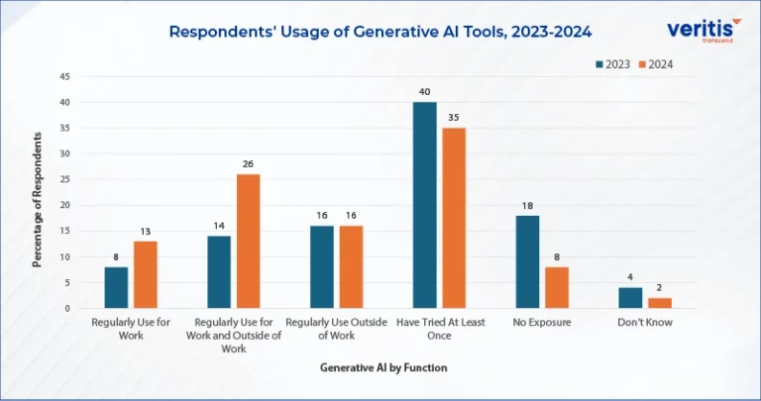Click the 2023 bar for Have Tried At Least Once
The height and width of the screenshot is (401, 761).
pyautogui.click(x=425, y=205)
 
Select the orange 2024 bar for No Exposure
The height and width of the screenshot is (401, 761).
pyautogui.click(x=557, y=287)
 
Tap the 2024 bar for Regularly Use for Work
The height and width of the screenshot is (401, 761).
pyautogui.click(x=146, y=274)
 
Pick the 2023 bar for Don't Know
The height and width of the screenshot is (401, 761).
pyautogui.click(x=630, y=298)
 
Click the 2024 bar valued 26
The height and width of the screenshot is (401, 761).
pyautogui.click(x=249, y=241)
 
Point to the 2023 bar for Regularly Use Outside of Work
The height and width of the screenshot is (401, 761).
pyautogui.click(x=322, y=267)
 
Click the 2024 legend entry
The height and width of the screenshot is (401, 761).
pyautogui.click(x=656, y=64)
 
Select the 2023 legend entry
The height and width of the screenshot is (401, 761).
pyautogui.click(x=613, y=64)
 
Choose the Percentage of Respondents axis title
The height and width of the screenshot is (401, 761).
pyautogui.click(x=38, y=199)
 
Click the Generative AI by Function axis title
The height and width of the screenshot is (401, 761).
pyautogui.click(x=383, y=367)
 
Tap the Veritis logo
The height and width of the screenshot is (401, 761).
pyautogui.click(x=705, y=30)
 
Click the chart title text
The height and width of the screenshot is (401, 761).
pyautogui.click(x=380, y=32)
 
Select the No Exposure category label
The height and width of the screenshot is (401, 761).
pyautogui.click(x=542, y=322)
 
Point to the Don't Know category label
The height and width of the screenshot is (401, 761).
pyautogui.click(x=645, y=322)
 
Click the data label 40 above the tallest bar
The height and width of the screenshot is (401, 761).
pyautogui.click(x=425, y=92)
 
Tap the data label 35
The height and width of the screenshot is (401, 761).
pyautogui.click(x=454, y=118)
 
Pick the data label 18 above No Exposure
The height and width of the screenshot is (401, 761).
pyautogui.click(x=527, y=206)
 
